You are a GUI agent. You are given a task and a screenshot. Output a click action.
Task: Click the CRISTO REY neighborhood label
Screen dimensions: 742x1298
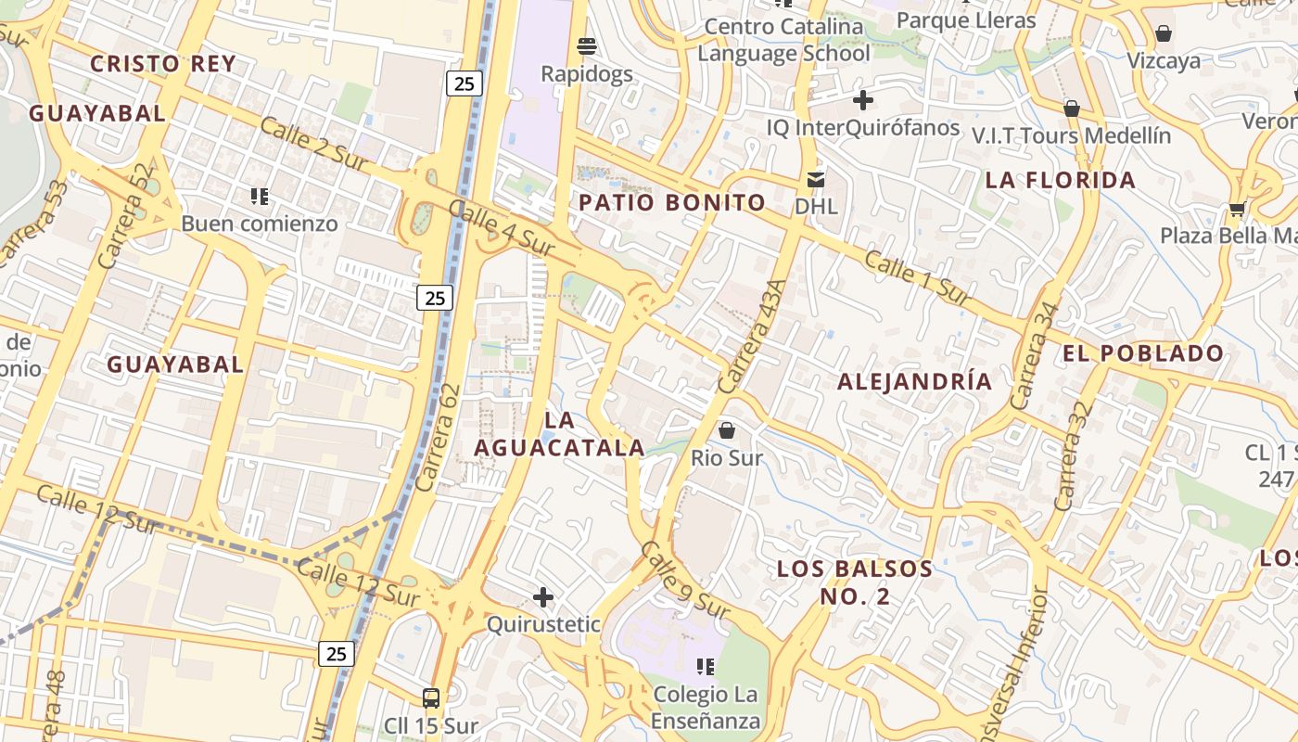pos(162,64)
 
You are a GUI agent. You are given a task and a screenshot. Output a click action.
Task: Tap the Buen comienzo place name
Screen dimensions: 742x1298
pos(259,224)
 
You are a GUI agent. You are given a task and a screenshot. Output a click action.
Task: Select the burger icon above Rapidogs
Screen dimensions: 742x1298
pos(586,45)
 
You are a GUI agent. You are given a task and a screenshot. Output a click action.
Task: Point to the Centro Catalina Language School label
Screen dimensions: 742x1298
pos(783,40)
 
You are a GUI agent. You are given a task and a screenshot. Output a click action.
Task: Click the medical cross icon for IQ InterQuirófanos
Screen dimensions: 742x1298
pos(863,100)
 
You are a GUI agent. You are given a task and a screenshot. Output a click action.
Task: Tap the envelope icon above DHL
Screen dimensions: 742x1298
pos(816,179)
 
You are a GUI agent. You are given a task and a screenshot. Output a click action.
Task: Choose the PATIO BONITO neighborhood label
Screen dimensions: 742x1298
pos(672,203)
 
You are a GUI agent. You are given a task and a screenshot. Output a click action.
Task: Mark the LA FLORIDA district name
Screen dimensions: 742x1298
pos(1060,180)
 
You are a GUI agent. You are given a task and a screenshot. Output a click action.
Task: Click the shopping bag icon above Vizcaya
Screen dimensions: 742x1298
pos(1164,34)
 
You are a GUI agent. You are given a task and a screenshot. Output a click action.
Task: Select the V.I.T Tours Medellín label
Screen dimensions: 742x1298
pos(1071,135)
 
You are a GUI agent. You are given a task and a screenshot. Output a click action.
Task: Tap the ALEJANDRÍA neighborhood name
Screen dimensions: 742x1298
pos(914,381)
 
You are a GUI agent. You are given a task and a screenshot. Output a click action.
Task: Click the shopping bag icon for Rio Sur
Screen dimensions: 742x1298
pos(727,430)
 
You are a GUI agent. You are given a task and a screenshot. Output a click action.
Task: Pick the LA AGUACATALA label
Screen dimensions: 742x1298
pos(559,433)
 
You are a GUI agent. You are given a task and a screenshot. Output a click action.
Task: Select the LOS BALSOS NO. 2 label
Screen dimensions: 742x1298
pos(854,582)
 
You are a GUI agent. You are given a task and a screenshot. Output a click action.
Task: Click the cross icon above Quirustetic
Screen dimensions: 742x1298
pos(543,597)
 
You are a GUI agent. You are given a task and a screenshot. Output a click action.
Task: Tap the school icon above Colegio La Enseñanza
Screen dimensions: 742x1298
pos(706,667)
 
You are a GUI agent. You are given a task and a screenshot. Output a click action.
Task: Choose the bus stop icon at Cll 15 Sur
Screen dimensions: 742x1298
pos(431,697)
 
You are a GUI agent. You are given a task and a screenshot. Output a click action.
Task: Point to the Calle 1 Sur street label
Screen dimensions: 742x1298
pos(918,277)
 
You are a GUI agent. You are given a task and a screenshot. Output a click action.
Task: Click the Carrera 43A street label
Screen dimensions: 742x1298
pos(750,336)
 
